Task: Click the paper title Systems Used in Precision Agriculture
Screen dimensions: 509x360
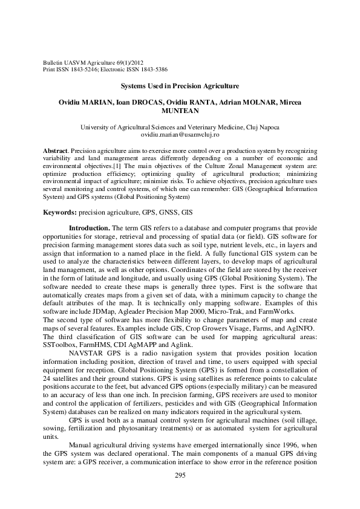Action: click(x=180, y=86)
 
